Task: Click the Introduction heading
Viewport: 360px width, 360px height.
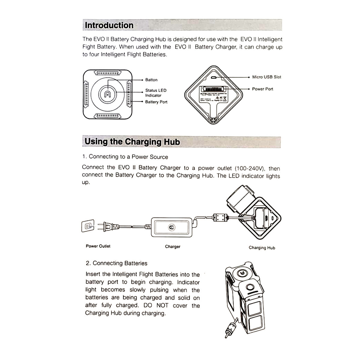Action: pyautogui.click(x=109, y=25)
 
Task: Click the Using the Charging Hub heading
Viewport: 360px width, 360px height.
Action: pyautogui.click(x=132, y=142)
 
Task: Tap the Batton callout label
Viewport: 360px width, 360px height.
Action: pyautogui.click(x=151, y=80)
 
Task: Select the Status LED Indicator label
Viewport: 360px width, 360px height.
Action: pyautogui.click(x=155, y=93)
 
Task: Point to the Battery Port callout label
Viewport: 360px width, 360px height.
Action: pyautogui.click(x=156, y=102)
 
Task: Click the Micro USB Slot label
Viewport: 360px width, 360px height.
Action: pyautogui.click(x=266, y=77)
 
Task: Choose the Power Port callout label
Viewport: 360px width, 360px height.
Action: pyautogui.click(x=262, y=89)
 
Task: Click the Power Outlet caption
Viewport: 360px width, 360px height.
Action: pyautogui.click(x=98, y=246)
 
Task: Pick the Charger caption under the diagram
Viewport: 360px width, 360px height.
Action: pyautogui.click(x=172, y=247)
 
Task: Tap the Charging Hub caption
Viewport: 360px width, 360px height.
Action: pyautogui.click(x=262, y=248)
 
